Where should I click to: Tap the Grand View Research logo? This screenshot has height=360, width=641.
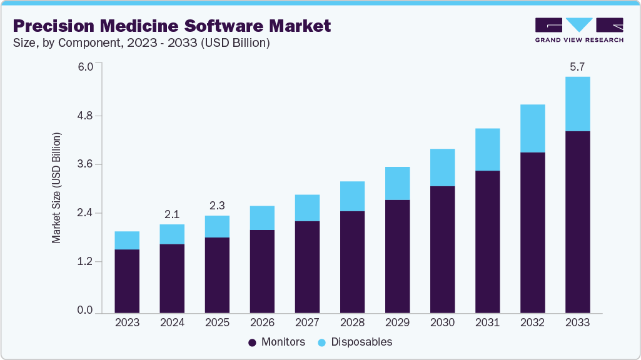coord(579,29)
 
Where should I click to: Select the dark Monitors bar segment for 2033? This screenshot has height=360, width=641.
coord(577,222)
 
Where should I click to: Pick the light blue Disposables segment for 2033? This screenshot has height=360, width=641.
coord(577,104)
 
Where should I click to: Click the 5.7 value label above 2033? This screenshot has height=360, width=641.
coord(577,66)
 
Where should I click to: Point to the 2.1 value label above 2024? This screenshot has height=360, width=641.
coord(172,214)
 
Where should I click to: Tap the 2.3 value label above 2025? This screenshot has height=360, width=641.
coord(217,206)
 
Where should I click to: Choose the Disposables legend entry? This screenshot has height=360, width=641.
coord(355,342)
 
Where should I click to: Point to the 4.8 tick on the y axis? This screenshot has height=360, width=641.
coord(84,116)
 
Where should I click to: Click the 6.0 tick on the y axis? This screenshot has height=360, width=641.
coord(84,66)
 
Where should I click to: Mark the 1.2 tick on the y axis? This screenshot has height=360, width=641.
coord(84,261)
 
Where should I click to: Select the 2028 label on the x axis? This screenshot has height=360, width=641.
coord(352,323)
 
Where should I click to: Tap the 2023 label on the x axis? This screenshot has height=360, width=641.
coord(127,323)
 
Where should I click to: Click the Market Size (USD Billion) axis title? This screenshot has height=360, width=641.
coord(56,188)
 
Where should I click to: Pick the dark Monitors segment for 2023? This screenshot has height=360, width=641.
coord(127,281)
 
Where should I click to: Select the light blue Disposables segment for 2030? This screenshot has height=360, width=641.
coord(442,167)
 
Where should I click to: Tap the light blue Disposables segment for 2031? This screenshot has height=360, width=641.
coord(487,149)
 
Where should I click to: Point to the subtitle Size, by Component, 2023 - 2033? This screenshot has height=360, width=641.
coord(141,43)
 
